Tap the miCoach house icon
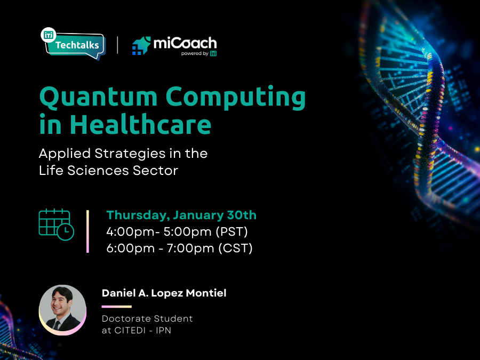141,46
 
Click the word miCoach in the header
185,43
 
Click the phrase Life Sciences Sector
108,171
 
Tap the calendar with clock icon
56,225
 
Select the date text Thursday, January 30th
181,215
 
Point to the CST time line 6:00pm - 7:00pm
179,248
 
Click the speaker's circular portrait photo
63,309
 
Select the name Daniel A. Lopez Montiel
164,293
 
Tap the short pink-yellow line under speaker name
116,307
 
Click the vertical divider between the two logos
117,45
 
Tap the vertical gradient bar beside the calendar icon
87,231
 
